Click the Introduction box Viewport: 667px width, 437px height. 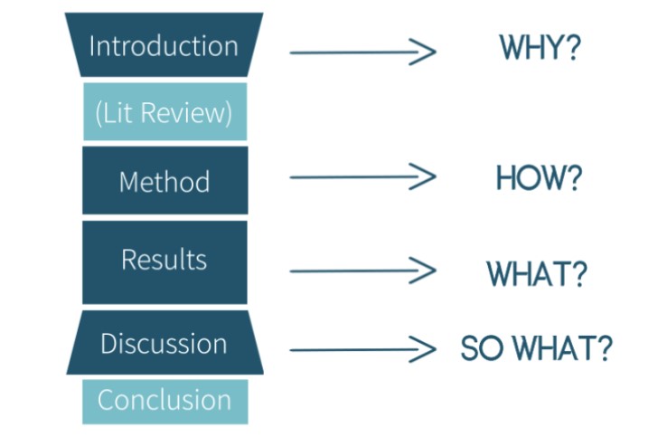click(x=164, y=44)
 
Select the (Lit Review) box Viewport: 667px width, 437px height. click(x=165, y=111)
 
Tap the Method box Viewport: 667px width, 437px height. click(x=165, y=180)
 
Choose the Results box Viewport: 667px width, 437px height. click(x=164, y=262)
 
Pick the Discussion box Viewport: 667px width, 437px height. click(x=165, y=342)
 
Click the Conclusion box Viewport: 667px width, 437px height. click(x=165, y=402)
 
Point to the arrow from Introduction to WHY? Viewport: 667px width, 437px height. click(x=362, y=52)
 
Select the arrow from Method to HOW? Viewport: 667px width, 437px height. click(x=362, y=176)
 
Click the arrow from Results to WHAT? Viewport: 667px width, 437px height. click(x=362, y=271)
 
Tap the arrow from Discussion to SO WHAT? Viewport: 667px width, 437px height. click(x=362, y=349)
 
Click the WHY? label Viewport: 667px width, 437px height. click(x=540, y=47)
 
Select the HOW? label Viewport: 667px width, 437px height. click(x=539, y=177)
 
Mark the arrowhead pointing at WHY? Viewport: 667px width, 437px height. click(x=423, y=52)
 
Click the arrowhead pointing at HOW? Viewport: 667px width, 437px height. click(x=423, y=176)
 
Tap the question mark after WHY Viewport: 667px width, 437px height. click(x=574, y=47)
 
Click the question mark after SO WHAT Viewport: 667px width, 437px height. click(x=605, y=348)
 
